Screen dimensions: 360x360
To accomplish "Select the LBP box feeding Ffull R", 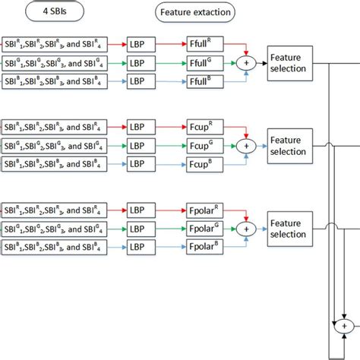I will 141,46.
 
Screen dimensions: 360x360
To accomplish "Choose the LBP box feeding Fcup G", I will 141,145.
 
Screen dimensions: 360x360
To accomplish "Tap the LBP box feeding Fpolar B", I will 141,245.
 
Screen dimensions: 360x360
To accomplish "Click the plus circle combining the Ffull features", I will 245,62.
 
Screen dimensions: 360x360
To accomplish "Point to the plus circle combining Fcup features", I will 245,145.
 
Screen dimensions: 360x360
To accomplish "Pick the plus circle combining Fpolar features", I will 245,228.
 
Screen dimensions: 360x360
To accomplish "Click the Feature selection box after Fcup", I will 289,145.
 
